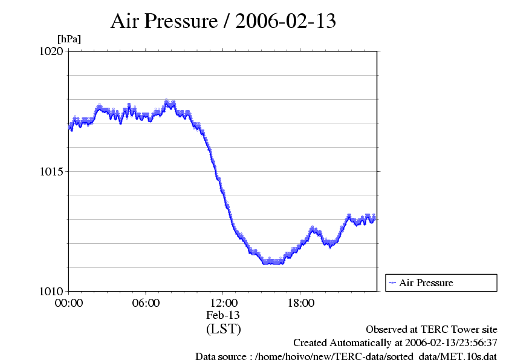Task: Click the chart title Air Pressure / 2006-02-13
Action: click(x=223, y=21)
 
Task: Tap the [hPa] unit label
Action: click(x=69, y=39)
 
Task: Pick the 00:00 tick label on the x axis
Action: click(x=69, y=303)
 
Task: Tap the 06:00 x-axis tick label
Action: click(x=146, y=303)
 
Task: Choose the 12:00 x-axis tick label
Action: click(x=223, y=303)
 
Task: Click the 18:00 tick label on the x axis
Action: click(x=300, y=303)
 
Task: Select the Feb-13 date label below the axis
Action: click(x=223, y=315)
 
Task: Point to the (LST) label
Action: click(x=223, y=329)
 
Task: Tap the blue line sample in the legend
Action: click(x=392, y=283)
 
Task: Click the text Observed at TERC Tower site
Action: click(x=431, y=330)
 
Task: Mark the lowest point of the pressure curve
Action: click(x=272, y=263)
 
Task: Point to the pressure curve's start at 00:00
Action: click(x=70, y=128)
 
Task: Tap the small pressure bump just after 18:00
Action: click(x=313, y=228)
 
